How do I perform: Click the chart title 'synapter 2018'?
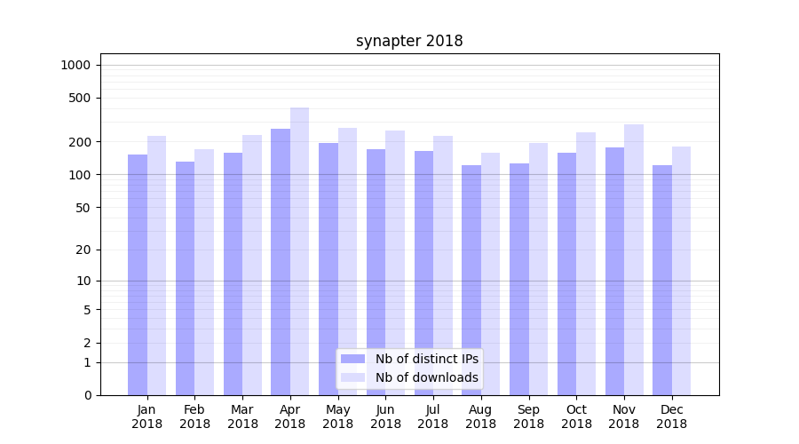(409, 41)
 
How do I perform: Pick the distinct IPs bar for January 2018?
(138, 274)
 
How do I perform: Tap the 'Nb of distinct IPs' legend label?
(426, 359)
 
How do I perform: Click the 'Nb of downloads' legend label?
(426, 377)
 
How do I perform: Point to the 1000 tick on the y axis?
(75, 65)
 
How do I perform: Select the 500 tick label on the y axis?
(80, 98)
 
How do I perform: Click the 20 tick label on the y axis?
(83, 250)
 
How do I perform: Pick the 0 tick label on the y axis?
(87, 395)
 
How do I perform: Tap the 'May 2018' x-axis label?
(337, 416)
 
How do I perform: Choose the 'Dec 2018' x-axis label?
(671, 416)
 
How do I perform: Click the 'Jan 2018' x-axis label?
(146, 416)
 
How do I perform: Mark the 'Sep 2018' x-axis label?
(528, 416)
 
